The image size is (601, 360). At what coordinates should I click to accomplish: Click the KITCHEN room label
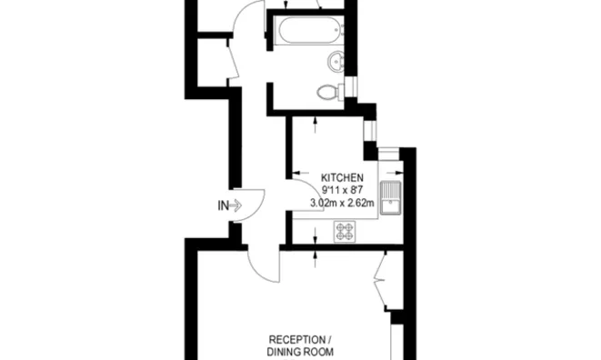(x=342, y=178)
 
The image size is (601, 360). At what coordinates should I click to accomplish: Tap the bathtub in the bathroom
(x=309, y=29)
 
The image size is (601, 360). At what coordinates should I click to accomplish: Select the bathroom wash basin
(x=336, y=61)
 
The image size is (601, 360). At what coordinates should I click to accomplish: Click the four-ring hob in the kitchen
(x=345, y=231)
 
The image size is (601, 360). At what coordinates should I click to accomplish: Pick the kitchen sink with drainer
(x=391, y=197)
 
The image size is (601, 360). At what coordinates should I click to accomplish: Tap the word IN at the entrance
(x=223, y=205)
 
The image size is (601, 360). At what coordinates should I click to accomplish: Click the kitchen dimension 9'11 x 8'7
(x=342, y=190)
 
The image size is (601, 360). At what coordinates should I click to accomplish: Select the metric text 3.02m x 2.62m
(x=342, y=203)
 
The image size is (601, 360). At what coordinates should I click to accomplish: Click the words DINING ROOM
(x=300, y=352)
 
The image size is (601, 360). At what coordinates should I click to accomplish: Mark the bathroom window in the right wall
(x=351, y=86)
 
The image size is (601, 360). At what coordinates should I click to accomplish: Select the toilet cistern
(x=341, y=92)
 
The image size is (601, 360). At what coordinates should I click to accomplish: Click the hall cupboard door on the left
(x=233, y=61)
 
